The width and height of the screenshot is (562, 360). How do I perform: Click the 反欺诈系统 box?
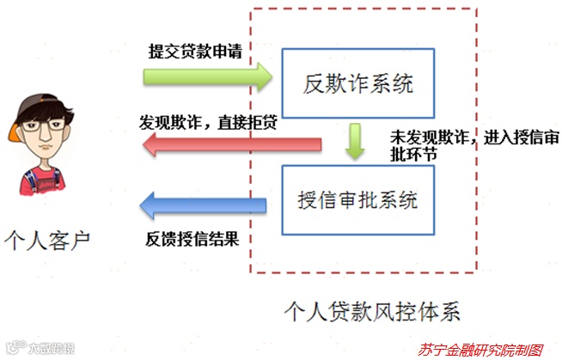coord(358,84)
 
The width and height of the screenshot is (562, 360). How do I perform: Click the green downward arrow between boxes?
coord(354,141)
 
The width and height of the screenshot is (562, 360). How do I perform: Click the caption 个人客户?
coord(46,237)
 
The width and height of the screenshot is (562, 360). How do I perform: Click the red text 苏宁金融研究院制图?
coord(481,350)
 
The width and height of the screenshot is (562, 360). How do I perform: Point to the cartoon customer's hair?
coord(43,110)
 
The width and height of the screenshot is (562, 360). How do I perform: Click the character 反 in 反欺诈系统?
coord(314,84)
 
